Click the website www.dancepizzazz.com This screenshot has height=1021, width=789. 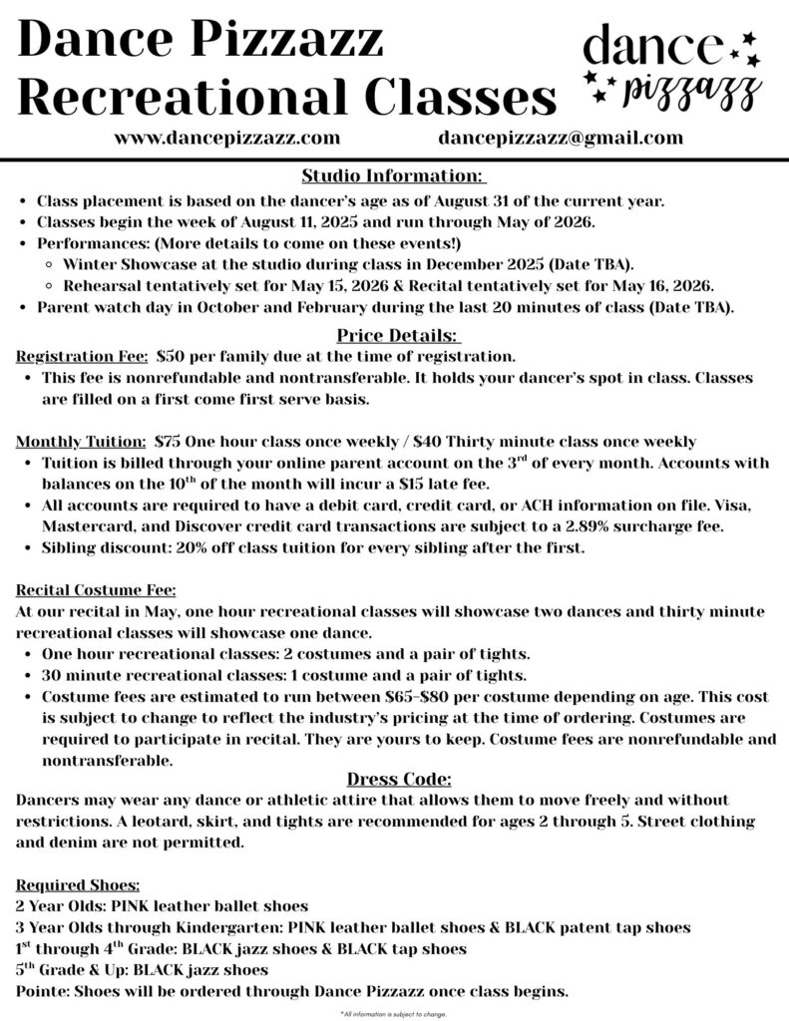click(x=227, y=139)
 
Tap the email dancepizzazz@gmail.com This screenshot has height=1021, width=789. click(x=560, y=139)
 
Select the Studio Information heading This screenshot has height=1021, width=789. click(x=393, y=176)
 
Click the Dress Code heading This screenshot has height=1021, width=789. click(x=399, y=779)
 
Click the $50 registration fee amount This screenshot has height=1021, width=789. click(x=172, y=356)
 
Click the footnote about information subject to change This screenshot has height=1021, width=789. click(x=393, y=1014)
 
